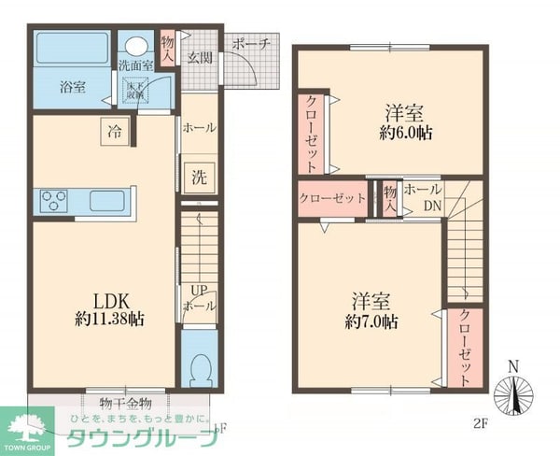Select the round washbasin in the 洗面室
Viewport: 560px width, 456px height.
tap(137, 47)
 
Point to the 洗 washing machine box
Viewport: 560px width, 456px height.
tap(200, 176)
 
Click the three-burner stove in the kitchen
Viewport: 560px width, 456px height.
tap(55, 200)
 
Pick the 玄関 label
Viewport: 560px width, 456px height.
tap(199, 58)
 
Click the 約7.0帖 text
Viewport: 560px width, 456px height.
tap(371, 321)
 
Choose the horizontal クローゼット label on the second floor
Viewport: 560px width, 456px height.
tap(332, 198)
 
